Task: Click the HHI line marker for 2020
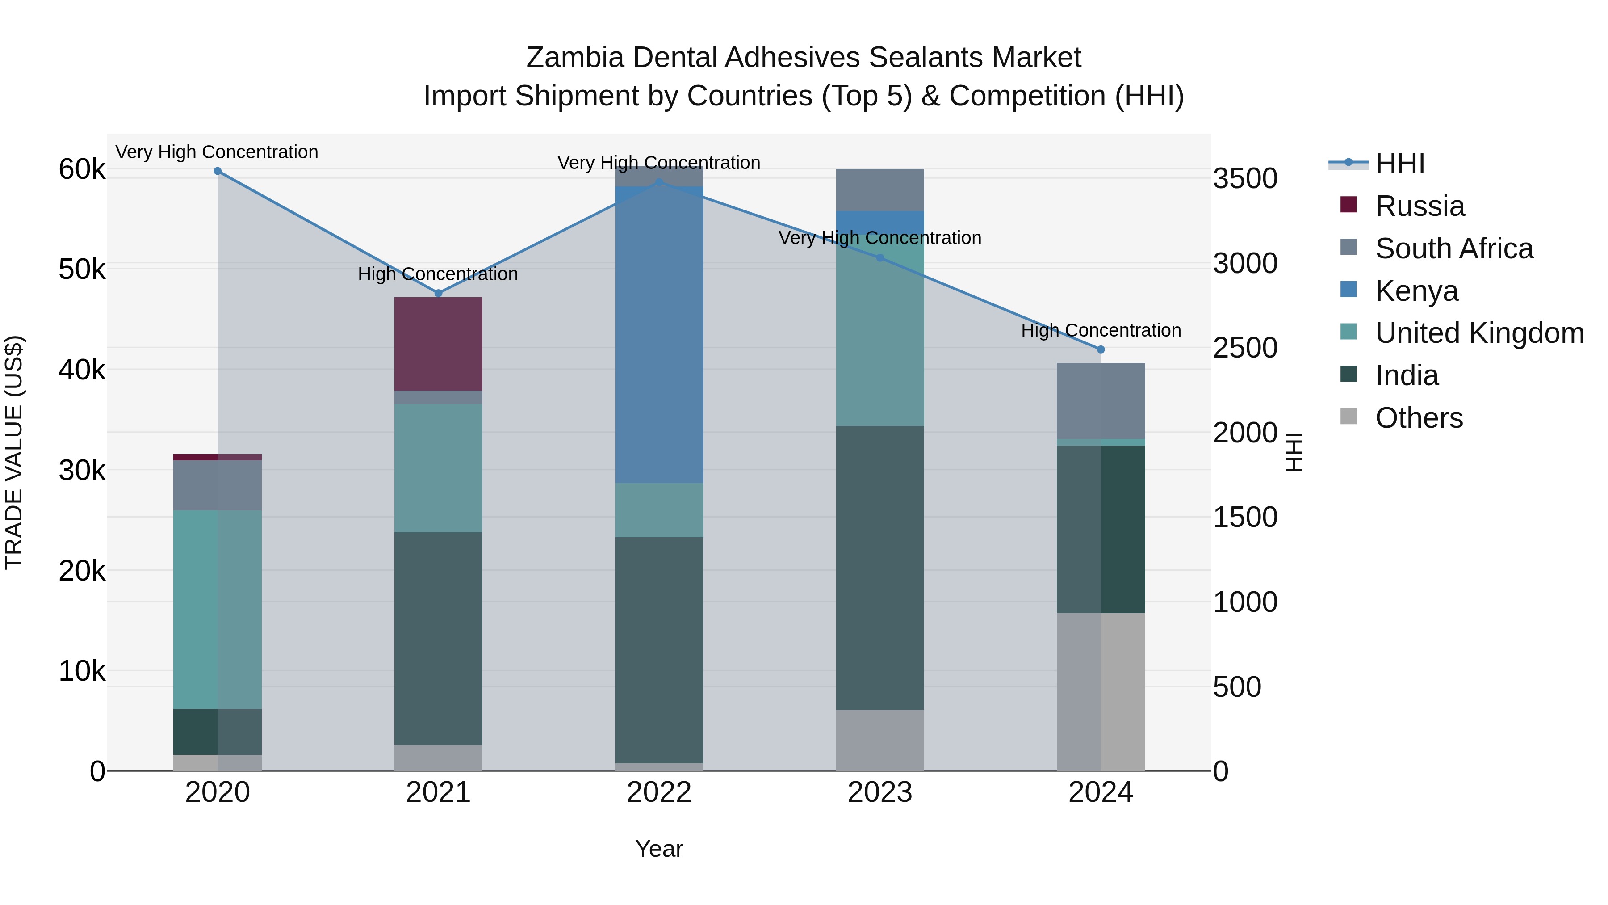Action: (217, 171)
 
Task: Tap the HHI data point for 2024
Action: (1101, 350)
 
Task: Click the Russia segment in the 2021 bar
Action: (438, 344)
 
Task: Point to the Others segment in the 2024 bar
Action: (1101, 691)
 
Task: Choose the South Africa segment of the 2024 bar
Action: (1101, 400)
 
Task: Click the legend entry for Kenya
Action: (1416, 291)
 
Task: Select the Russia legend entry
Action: (1420, 206)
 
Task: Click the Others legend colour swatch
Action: (1348, 417)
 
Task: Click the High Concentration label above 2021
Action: (438, 274)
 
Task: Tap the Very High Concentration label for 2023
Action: (879, 238)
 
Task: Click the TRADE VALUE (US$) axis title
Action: (14, 452)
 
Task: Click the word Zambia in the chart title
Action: (574, 58)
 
